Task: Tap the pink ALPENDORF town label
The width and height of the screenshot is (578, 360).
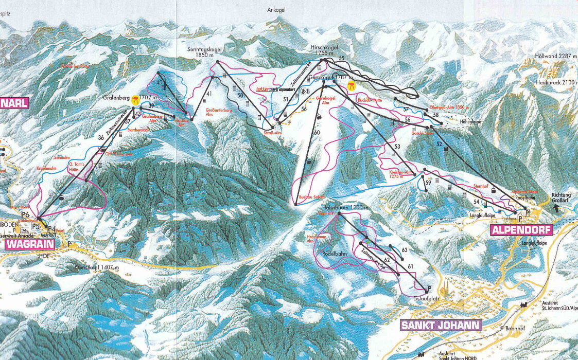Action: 521,229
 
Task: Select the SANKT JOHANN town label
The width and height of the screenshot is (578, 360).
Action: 441,325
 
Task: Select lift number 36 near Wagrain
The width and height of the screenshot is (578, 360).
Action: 101,137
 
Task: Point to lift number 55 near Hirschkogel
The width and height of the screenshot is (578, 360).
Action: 341,59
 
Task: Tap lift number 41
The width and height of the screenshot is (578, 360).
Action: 209,94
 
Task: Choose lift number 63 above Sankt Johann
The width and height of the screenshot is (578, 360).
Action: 405,250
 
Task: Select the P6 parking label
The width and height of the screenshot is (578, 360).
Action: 25,214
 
